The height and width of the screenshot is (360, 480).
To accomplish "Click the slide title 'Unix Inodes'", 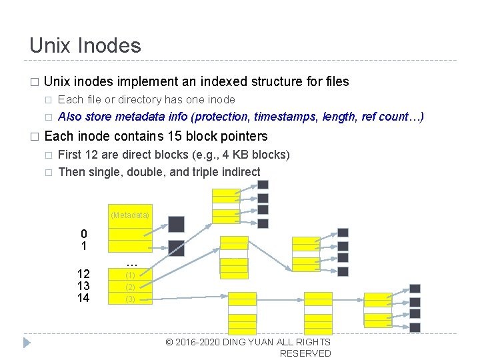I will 85,45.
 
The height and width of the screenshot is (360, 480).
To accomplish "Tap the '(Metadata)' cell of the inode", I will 130,215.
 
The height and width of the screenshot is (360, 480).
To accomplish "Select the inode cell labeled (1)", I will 130,275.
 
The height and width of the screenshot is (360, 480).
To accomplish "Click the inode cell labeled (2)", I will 130,287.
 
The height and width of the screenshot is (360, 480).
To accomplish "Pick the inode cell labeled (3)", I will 130,299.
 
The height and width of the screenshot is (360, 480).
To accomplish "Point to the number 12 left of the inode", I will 83,274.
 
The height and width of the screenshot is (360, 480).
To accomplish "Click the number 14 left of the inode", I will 83,298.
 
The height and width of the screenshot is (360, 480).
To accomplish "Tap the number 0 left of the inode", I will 83,234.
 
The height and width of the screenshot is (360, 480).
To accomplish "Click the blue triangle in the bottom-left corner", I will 27,343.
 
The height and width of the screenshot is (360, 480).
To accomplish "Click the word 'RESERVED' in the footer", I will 305,353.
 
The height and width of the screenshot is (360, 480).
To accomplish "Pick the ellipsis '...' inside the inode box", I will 131,263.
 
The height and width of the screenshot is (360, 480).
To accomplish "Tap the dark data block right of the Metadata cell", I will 176,224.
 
